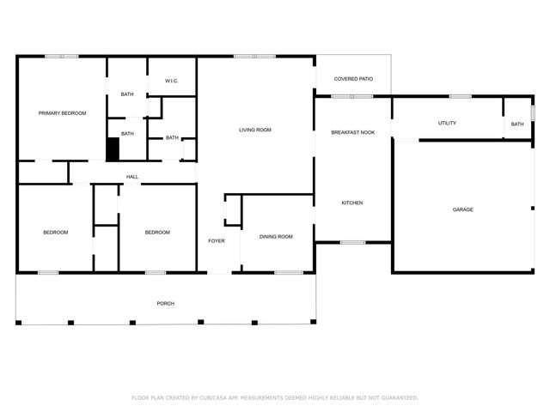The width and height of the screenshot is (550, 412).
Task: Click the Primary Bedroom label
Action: point(62,112)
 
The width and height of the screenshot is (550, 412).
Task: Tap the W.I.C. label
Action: point(171,82)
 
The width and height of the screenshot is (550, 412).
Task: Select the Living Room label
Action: point(255,130)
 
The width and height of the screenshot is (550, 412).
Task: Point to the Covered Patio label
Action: point(353,79)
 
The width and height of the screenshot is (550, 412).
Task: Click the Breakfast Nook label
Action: point(353,132)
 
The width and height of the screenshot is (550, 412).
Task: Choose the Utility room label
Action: point(447,124)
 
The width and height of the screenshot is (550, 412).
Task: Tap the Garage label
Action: point(463,209)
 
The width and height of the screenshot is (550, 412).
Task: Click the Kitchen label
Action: point(352,203)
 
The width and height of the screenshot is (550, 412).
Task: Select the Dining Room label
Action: point(276,236)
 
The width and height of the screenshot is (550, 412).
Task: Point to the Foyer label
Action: point(217,240)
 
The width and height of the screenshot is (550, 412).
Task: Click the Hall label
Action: point(132,177)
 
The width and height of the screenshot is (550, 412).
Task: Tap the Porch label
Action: point(165,304)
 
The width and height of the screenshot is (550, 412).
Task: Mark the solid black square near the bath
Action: point(113,149)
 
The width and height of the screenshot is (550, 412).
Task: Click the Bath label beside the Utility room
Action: point(517,124)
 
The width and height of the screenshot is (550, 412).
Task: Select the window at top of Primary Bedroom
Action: point(62,57)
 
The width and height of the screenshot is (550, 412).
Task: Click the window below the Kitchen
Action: point(352,242)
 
